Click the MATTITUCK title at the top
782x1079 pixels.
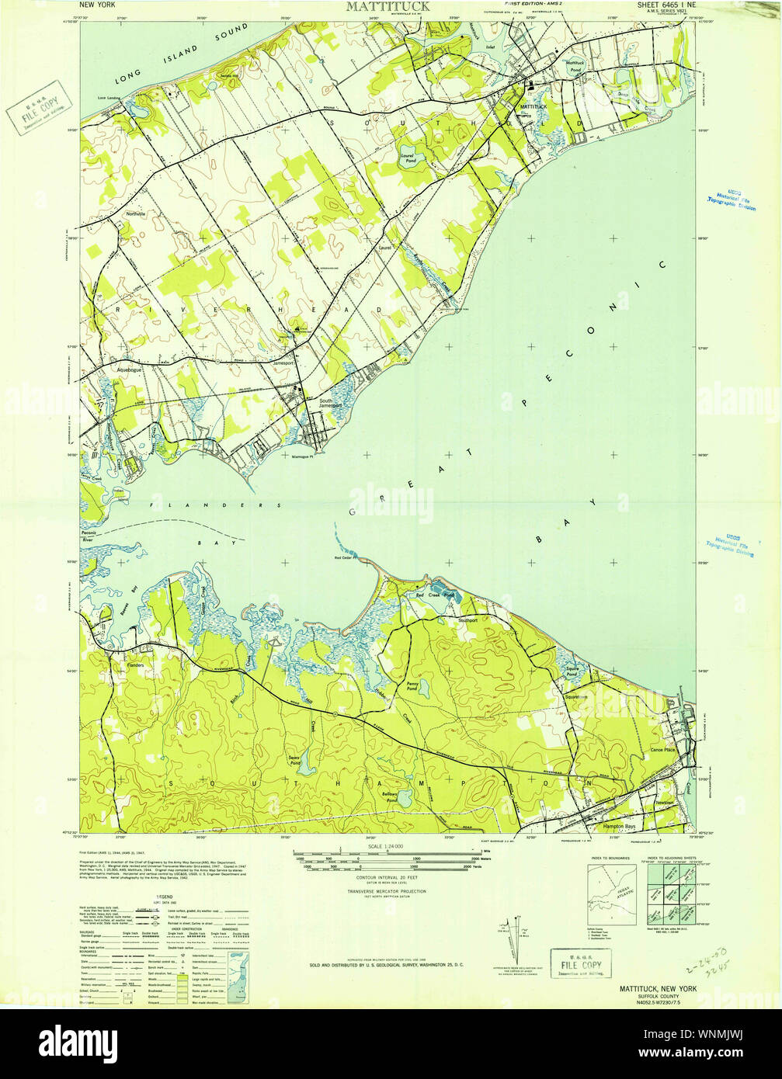[380, 7]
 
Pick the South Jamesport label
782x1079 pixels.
[330, 404]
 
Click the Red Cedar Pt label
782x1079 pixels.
[344, 557]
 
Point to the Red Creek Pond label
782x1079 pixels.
[434, 595]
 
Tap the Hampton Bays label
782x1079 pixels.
[620, 827]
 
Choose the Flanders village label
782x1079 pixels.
[114, 665]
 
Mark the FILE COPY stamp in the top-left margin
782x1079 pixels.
[35, 106]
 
